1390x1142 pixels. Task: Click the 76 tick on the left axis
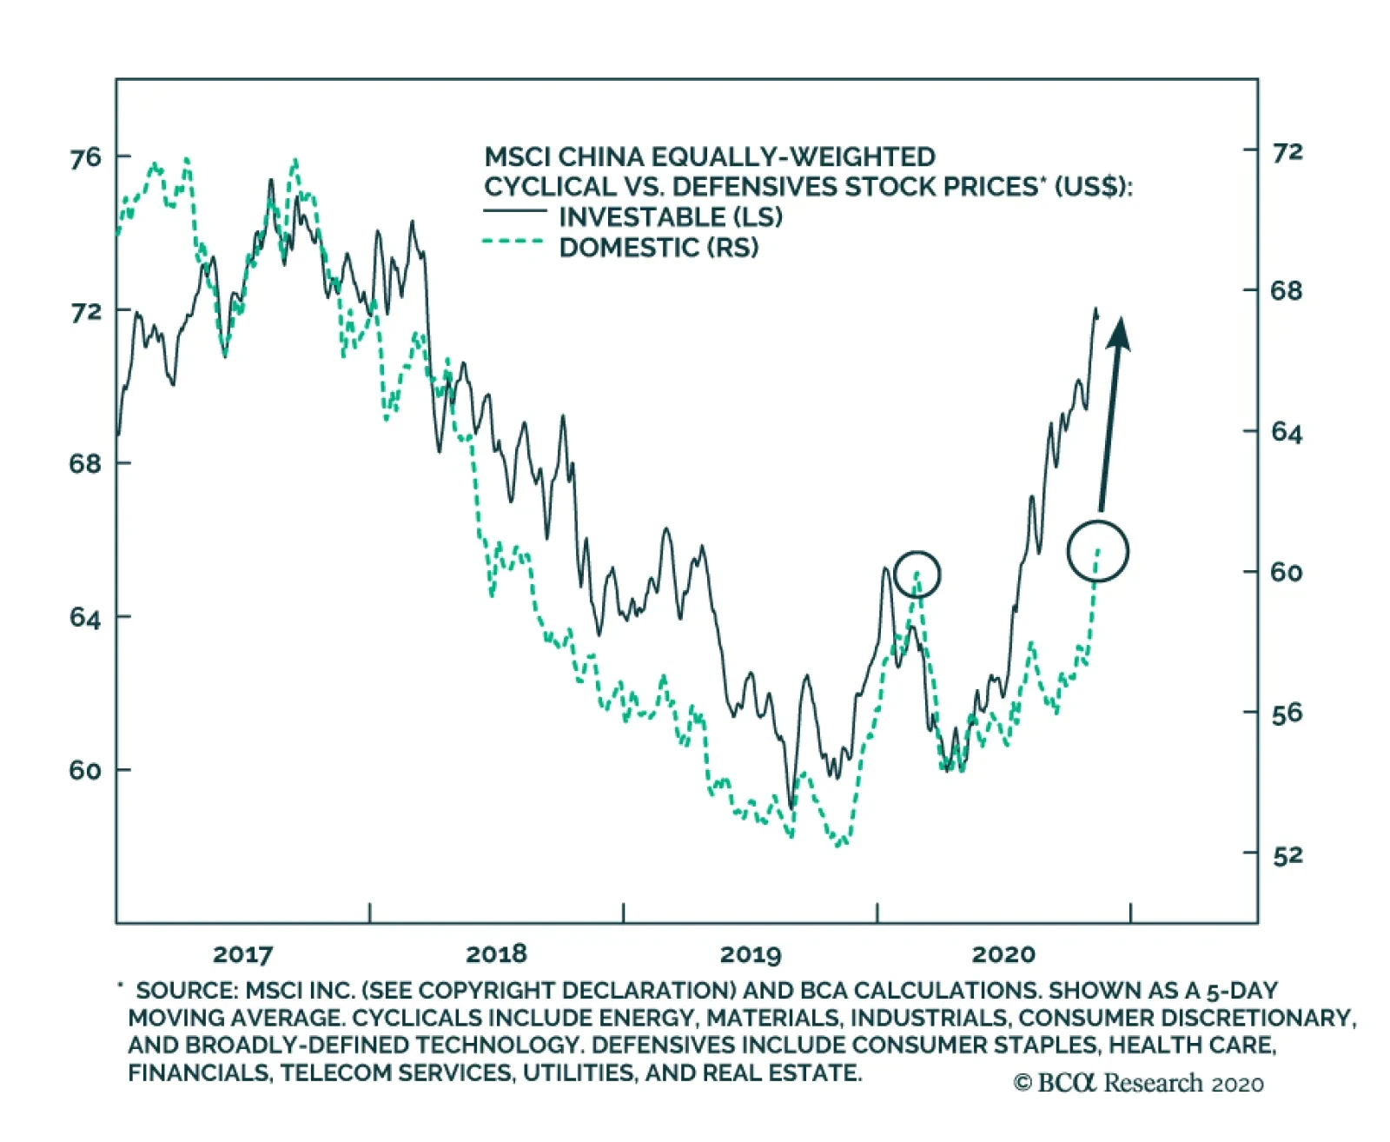coord(85,157)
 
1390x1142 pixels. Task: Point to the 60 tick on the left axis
coord(85,770)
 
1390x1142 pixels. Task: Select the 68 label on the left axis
coord(85,463)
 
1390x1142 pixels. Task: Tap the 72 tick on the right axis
coord(1287,152)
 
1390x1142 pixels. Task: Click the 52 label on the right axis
coord(1287,855)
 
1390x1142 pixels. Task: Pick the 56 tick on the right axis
coord(1287,714)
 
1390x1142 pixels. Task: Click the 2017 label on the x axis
coord(242,954)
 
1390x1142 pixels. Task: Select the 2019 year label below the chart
coord(751,954)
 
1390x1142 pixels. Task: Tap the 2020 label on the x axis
coord(1003,954)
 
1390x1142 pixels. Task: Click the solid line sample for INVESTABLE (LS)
coord(514,211)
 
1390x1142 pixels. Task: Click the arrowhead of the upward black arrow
coord(1119,333)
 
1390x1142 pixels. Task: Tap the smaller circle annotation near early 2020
coord(917,574)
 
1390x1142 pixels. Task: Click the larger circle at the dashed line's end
coord(1097,551)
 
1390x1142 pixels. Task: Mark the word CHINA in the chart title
coord(599,156)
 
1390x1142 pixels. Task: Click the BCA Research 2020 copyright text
coord(1138,1083)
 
